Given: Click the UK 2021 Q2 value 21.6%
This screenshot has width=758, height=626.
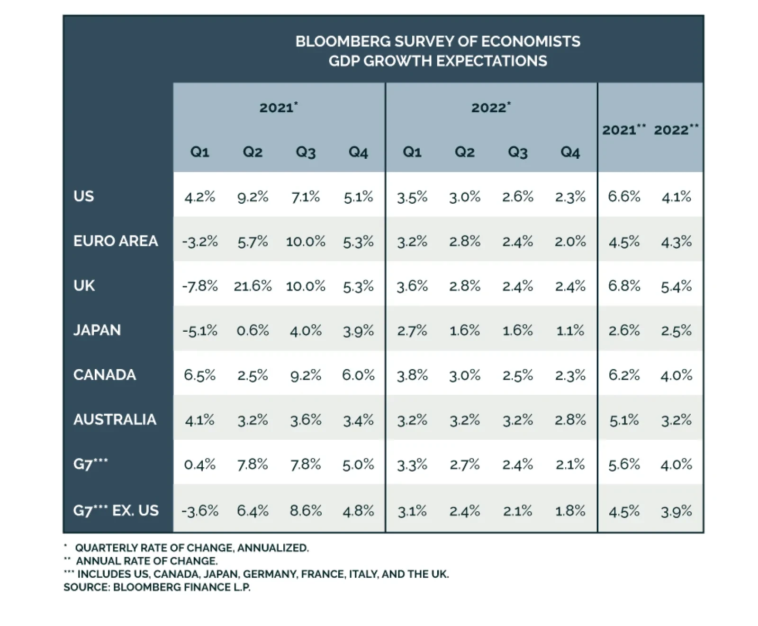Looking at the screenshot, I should tap(253, 286).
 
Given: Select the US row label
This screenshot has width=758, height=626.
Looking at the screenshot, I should tap(84, 196).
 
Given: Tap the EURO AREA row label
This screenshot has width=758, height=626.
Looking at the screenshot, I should tap(116, 241).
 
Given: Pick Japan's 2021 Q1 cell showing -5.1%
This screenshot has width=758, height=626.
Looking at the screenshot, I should tap(200, 330).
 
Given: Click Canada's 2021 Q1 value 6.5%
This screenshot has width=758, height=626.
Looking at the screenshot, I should tap(200, 375).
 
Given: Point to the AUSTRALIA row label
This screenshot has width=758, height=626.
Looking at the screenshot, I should tap(115, 419).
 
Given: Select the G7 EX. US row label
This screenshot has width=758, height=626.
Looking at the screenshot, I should tap(116, 510).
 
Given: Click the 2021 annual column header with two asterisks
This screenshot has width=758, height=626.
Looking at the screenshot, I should tap(623, 129).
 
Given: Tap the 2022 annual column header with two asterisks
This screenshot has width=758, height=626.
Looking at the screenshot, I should tap(676, 129).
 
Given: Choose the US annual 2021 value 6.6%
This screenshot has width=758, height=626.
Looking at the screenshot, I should tap(624, 196).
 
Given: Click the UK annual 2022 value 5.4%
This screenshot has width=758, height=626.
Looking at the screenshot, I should tap(676, 286).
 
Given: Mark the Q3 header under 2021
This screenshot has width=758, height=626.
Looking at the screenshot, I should tap(306, 152).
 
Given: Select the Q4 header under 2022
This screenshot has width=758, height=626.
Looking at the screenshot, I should tap(570, 152).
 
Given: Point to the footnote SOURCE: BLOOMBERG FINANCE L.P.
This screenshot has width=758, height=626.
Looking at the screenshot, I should tap(157, 587).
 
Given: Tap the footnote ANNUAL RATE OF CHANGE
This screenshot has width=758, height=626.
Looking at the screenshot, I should tap(147, 561).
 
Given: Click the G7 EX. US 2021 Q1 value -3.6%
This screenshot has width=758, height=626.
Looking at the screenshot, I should tap(200, 510).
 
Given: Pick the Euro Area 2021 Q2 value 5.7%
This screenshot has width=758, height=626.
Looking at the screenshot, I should tap(253, 241).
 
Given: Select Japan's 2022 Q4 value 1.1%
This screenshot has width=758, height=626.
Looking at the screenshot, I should tap(570, 330).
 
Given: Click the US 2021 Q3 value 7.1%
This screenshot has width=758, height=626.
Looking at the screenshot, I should tap(306, 196).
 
